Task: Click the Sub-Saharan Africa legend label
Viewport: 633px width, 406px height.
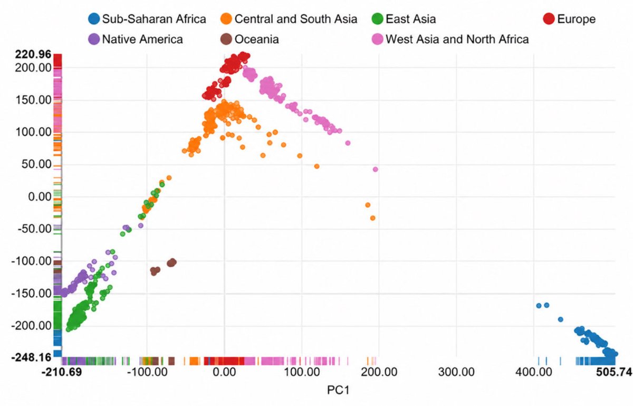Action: [154, 19]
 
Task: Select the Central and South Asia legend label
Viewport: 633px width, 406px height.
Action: [295, 19]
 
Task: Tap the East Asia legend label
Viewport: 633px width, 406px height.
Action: [410, 19]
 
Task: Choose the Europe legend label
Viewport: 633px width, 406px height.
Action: [576, 19]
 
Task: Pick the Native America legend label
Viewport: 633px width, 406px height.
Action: [142, 39]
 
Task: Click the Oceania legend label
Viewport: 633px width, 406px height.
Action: [256, 39]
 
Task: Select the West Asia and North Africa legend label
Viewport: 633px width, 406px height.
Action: [457, 39]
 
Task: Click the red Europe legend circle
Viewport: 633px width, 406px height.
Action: [549, 19]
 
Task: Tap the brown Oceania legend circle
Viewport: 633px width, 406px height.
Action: [226, 39]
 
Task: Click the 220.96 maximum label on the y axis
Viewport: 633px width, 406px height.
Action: [33, 54]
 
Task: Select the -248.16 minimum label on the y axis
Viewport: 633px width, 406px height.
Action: [31, 357]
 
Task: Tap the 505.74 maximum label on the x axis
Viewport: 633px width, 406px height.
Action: [614, 372]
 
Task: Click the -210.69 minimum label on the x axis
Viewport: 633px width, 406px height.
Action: [62, 372]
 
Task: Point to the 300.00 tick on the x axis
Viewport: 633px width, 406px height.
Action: [456, 372]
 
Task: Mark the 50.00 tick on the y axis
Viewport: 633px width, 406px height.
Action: [36, 164]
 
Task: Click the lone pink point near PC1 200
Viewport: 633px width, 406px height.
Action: [375, 169]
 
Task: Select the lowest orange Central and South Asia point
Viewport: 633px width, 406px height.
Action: [373, 218]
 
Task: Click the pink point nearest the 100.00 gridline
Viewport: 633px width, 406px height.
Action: [339, 131]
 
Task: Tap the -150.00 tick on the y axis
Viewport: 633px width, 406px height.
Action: [31, 294]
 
